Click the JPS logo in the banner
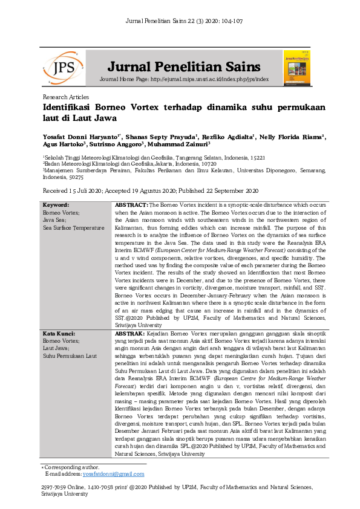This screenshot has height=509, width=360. click(x=63, y=68)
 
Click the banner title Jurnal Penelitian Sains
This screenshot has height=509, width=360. click(x=185, y=66)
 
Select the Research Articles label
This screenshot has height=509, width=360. click(x=66, y=97)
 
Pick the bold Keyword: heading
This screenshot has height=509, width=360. click(x=57, y=206)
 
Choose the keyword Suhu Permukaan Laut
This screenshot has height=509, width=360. click(x=70, y=355)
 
